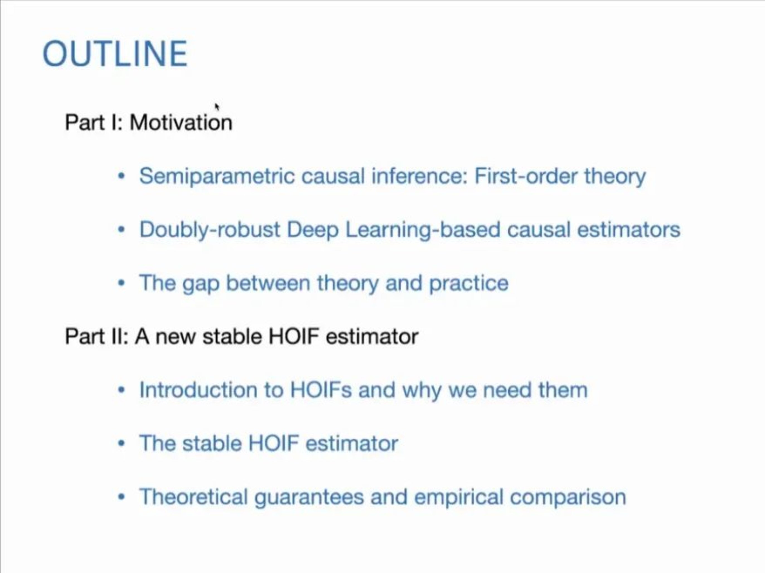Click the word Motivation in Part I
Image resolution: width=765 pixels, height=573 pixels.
pyautogui.click(x=181, y=122)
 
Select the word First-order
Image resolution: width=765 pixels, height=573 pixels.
pyautogui.click(x=526, y=176)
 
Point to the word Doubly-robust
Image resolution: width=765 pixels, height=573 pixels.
pyautogui.click(x=210, y=230)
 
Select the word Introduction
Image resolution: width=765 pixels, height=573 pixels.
pyautogui.click(x=198, y=390)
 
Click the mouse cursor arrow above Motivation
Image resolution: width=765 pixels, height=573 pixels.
pyautogui.click(x=217, y=107)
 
